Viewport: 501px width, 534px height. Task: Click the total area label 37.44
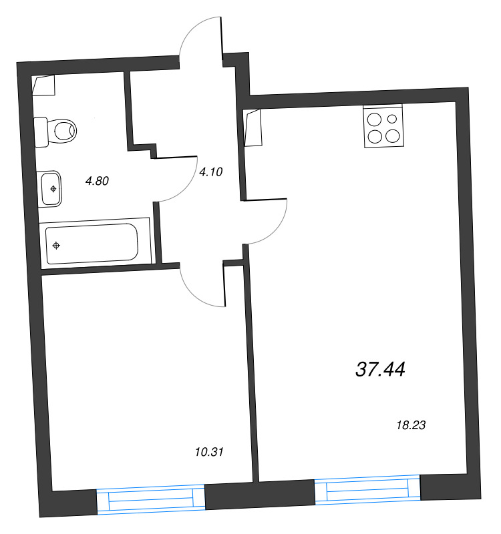tap(381, 369)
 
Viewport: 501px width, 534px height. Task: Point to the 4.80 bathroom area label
tap(97, 180)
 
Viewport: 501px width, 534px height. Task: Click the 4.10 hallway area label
tap(210, 172)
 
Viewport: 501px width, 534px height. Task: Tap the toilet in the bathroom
tap(56, 129)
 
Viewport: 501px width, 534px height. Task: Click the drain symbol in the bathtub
tap(56, 246)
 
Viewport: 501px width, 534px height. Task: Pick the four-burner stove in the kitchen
tap(383, 127)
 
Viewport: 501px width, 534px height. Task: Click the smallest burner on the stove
tap(392, 120)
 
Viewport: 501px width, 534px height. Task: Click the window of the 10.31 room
tap(150, 499)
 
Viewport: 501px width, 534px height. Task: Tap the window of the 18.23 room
tap(367, 491)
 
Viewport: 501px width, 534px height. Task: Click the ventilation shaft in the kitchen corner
tap(254, 128)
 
